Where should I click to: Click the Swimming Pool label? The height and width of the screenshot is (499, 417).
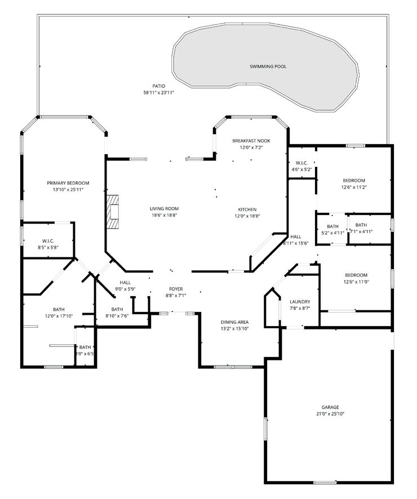[x=268, y=66]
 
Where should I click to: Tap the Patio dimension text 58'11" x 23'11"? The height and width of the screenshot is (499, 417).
[x=158, y=92]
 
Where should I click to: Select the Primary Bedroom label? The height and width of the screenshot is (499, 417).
[x=68, y=183]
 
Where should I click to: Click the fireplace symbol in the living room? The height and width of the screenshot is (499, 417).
[x=114, y=212]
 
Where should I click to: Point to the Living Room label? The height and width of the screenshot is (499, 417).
[x=164, y=209]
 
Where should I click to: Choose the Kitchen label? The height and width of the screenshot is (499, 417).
[x=247, y=209]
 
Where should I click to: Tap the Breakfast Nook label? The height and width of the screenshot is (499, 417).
[x=251, y=140]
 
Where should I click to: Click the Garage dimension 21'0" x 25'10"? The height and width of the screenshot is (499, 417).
[x=330, y=413]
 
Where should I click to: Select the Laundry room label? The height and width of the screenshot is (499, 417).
[x=299, y=302]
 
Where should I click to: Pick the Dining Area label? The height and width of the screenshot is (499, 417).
[x=234, y=322]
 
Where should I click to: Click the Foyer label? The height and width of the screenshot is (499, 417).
[x=176, y=289]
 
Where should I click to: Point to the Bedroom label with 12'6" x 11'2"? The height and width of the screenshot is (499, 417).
[x=354, y=180]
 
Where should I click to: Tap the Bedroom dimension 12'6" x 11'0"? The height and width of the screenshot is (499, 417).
[x=356, y=282]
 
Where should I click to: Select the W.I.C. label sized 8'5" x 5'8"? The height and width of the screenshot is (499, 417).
[x=47, y=241]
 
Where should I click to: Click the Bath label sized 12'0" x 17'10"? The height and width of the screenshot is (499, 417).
[x=59, y=309]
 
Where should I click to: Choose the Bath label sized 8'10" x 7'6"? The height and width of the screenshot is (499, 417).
[x=117, y=309]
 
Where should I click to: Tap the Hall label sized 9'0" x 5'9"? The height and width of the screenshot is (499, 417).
[x=125, y=282]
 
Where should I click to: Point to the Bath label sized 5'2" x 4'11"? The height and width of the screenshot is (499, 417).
[x=332, y=226]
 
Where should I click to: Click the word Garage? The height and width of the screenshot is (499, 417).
[x=330, y=407]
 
